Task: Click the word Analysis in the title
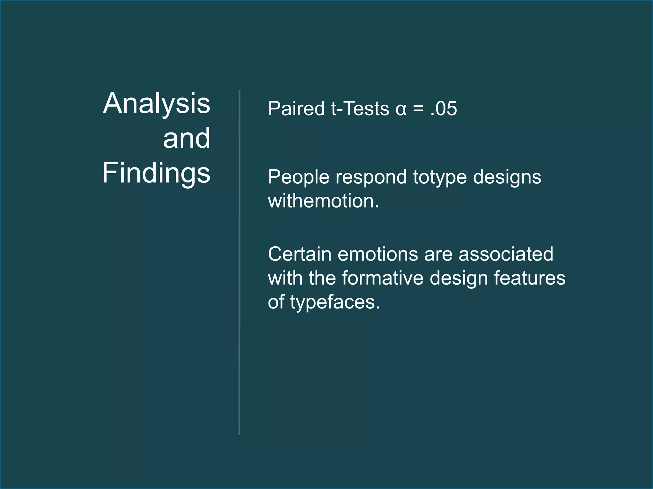157,103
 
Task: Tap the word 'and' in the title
187,138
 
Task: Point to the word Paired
296,109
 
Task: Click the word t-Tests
360,109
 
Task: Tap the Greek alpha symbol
401,109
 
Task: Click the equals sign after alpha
418,109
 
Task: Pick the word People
298,177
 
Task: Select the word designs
507,177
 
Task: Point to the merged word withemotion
323,201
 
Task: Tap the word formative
383,278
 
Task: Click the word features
530,278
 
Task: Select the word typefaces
335,302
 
